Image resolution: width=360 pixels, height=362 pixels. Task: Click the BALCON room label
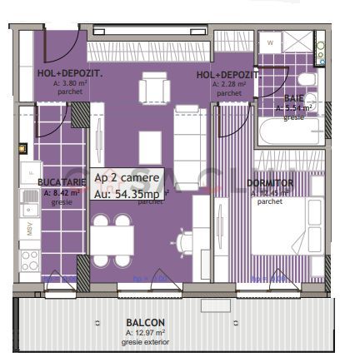145,323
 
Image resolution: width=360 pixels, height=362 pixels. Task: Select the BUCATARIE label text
60,181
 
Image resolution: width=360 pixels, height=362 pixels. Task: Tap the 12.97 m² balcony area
145,333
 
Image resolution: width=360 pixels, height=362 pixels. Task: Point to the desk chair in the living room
184,241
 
